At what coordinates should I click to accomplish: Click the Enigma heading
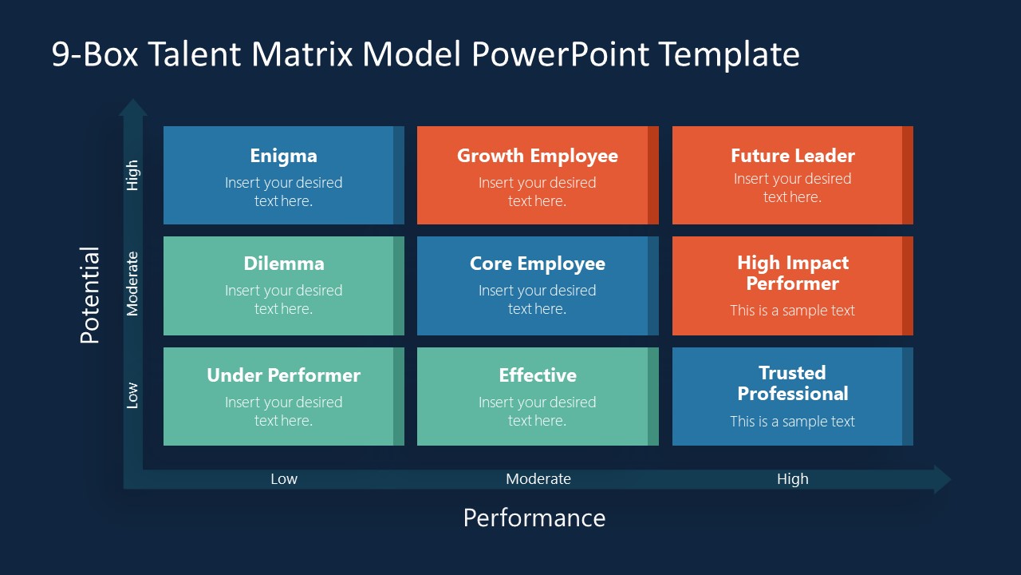pos(283,156)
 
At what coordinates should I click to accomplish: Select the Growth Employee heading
pos(537,156)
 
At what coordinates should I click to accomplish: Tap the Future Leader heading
pos(792,156)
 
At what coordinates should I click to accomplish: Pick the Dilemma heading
pos(283,264)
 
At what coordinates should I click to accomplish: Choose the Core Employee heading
pos(537,264)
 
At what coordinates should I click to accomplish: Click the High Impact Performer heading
pos(792,273)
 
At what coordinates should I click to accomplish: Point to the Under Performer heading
pos(283,375)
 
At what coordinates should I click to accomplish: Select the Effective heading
pos(537,375)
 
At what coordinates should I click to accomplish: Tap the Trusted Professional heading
pos(792,383)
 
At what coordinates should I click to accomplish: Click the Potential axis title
pos(90,295)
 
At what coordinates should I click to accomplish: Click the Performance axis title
pos(534,517)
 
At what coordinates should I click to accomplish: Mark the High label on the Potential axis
pos(132,175)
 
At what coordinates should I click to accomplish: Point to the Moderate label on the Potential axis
pos(132,284)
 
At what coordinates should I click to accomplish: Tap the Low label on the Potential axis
pos(132,395)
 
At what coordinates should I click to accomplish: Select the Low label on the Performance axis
pos(283,479)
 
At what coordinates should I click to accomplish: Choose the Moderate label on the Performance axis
pos(538,479)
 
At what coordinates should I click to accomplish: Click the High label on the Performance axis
pos(792,479)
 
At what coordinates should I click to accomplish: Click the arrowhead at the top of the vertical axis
pos(133,107)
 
